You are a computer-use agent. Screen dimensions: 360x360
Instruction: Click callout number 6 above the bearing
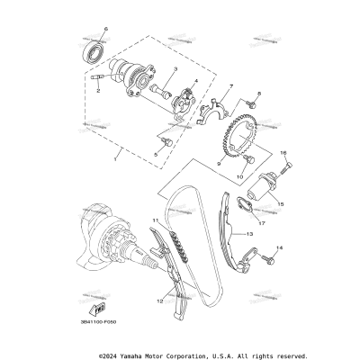coord(105,30)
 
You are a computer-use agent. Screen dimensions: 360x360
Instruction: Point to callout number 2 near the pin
coord(96,89)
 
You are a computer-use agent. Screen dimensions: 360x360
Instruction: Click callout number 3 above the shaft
coord(175,69)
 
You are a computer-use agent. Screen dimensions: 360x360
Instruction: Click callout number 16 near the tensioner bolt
coord(283,155)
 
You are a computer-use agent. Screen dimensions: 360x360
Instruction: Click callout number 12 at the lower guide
coord(160,300)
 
